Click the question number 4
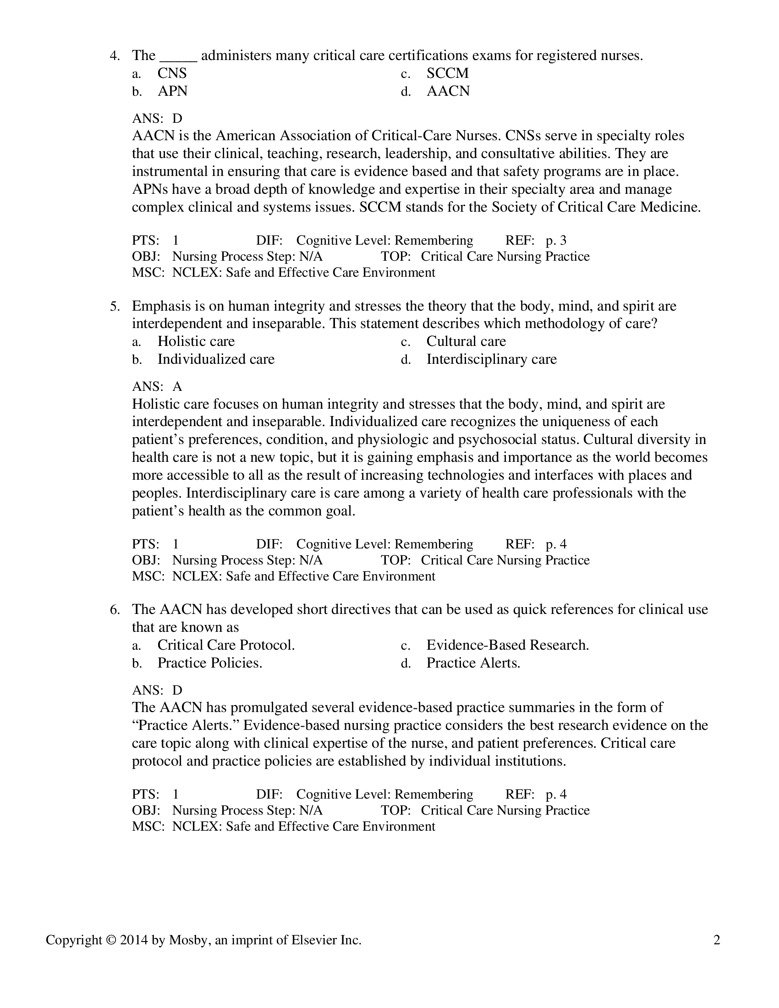[115, 56]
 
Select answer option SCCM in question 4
[447, 73]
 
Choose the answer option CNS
[172, 73]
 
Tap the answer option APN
[172, 91]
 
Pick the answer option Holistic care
[196, 341]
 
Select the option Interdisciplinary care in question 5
[491, 360]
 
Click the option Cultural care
[466, 341]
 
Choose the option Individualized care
[215, 360]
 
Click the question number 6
[115, 610]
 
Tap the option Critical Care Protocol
[225, 645]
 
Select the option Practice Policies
[209, 663]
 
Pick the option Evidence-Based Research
[507, 645]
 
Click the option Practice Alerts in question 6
[472, 663]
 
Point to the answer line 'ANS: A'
[157, 387]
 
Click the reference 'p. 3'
[556, 241]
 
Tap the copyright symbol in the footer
[109, 940]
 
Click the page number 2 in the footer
[717, 940]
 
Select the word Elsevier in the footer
[314, 940]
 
